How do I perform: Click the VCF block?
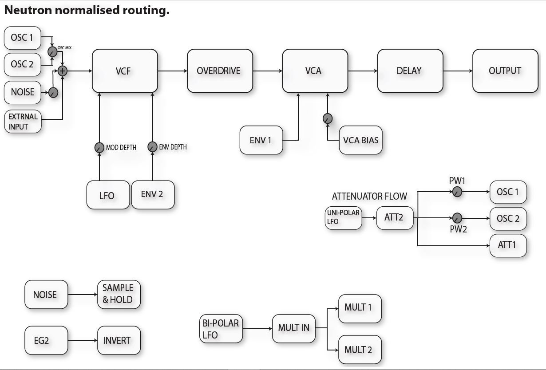point(125,71)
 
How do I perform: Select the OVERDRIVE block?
point(220,71)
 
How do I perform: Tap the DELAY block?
point(410,71)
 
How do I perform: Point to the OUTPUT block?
point(505,71)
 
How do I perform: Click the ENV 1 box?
point(261,140)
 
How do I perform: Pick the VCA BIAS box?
point(360,140)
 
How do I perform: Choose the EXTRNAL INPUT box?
point(23,122)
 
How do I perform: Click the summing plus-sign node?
point(63,71)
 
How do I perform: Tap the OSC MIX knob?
point(52,52)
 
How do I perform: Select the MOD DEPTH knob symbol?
point(99,147)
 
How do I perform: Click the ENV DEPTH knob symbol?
point(152,147)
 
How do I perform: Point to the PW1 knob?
point(457,192)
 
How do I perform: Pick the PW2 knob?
point(457,218)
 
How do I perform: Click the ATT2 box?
point(395,218)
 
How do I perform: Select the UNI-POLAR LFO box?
point(343,217)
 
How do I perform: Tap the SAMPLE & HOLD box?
point(119,294)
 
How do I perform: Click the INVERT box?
point(119,340)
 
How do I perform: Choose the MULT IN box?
point(293,328)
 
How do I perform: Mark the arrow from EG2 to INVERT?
point(83,340)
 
